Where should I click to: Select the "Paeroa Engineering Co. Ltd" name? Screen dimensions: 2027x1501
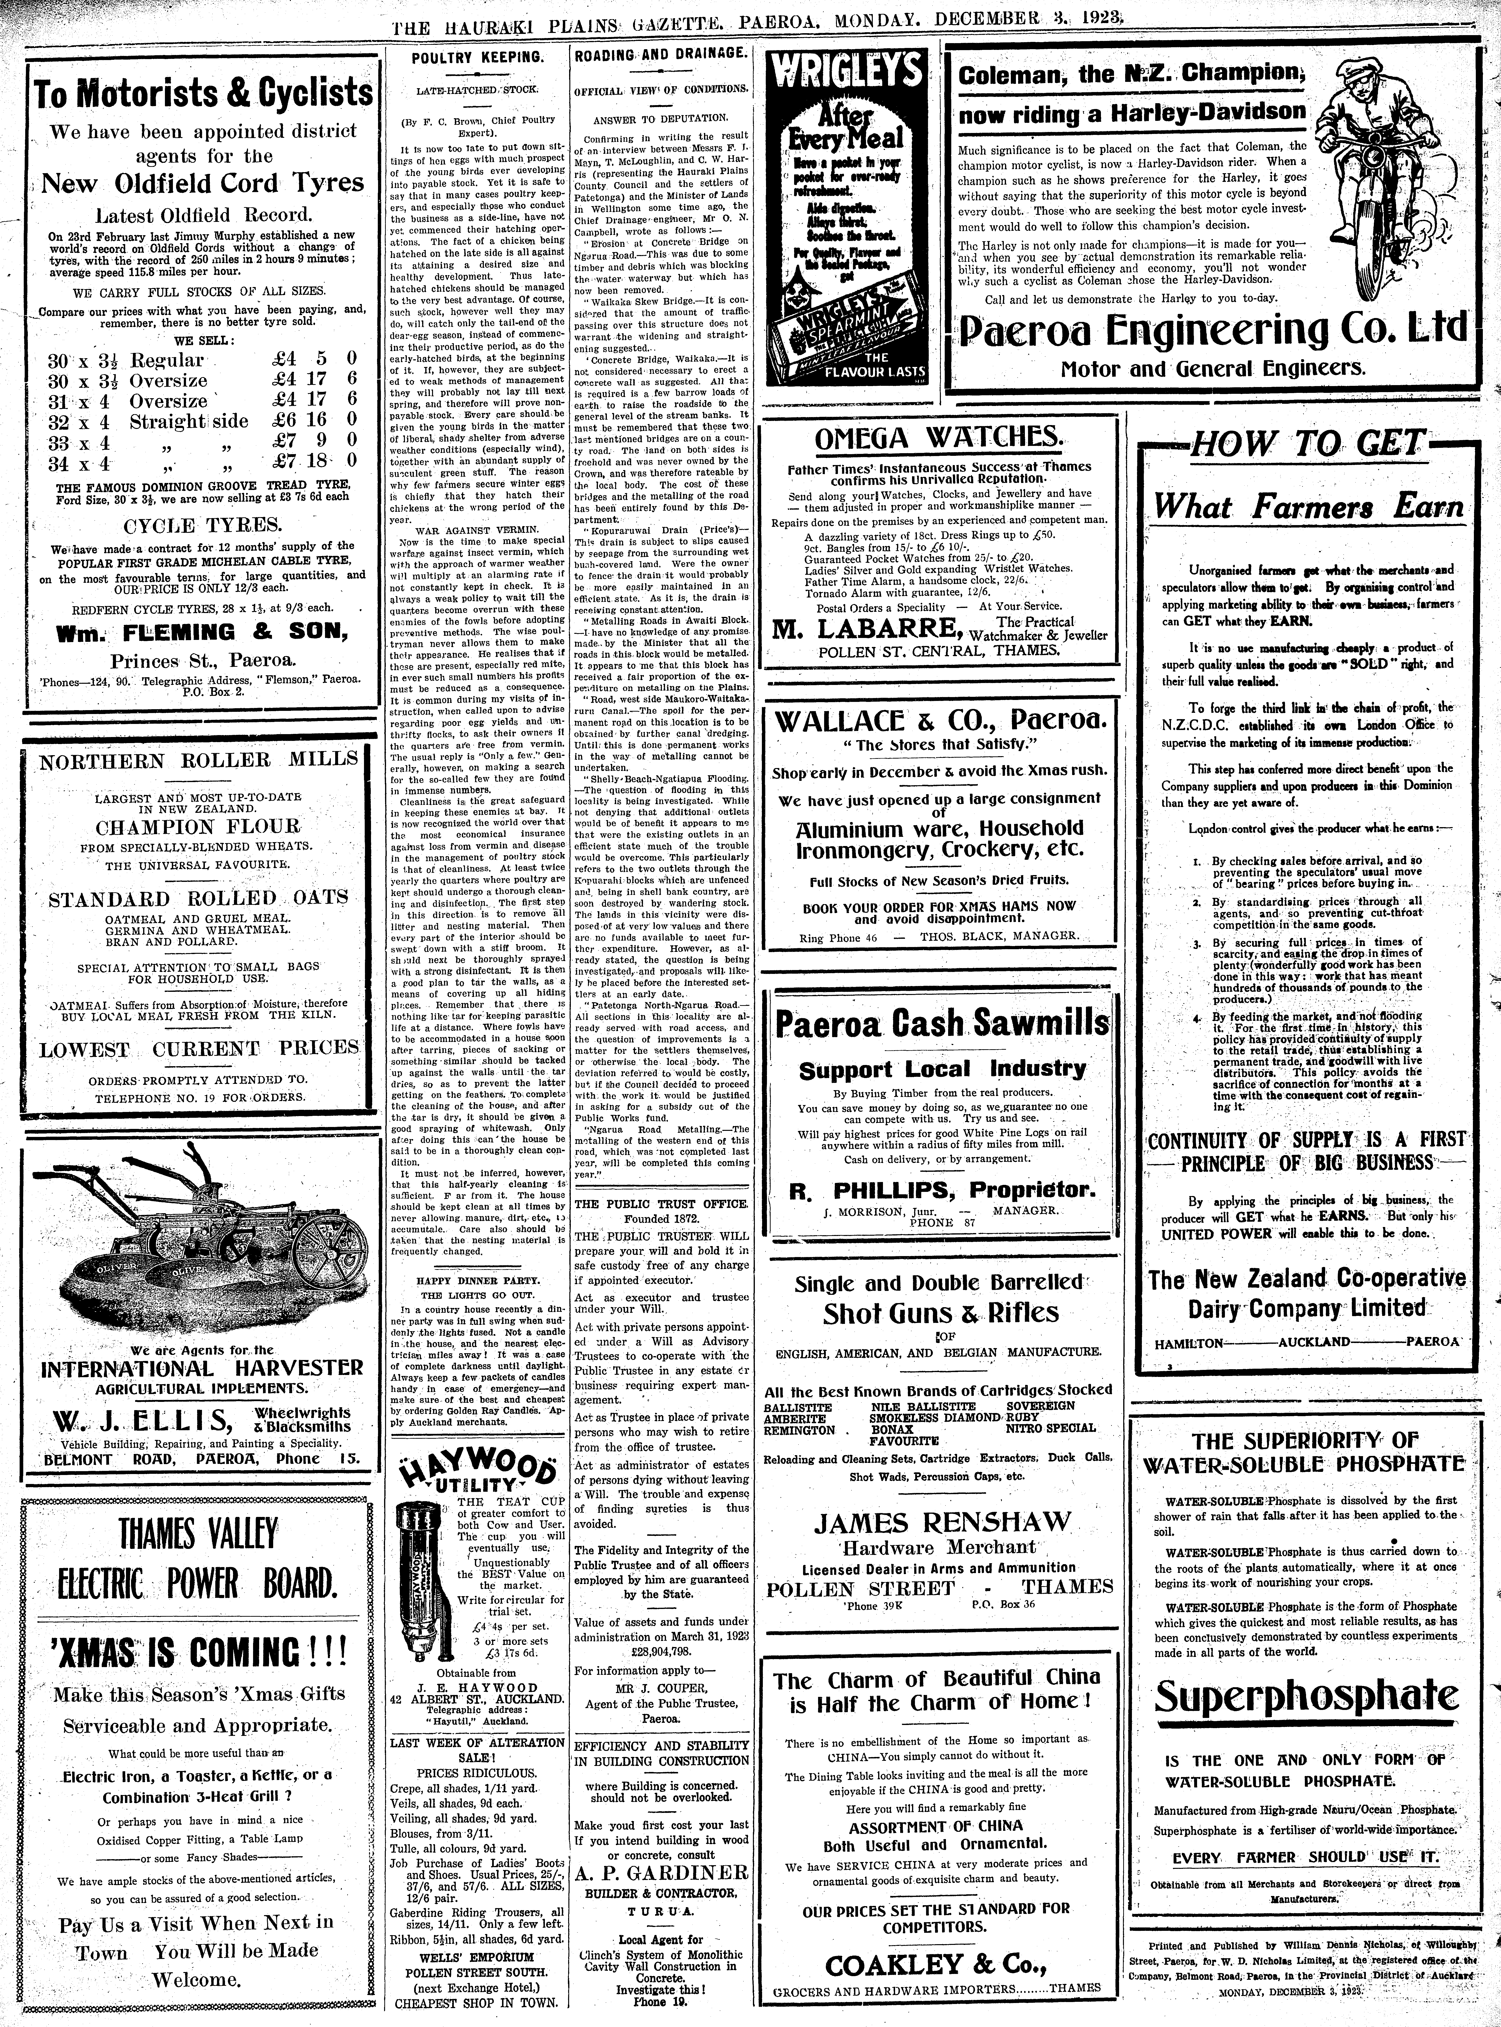[1213, 329]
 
